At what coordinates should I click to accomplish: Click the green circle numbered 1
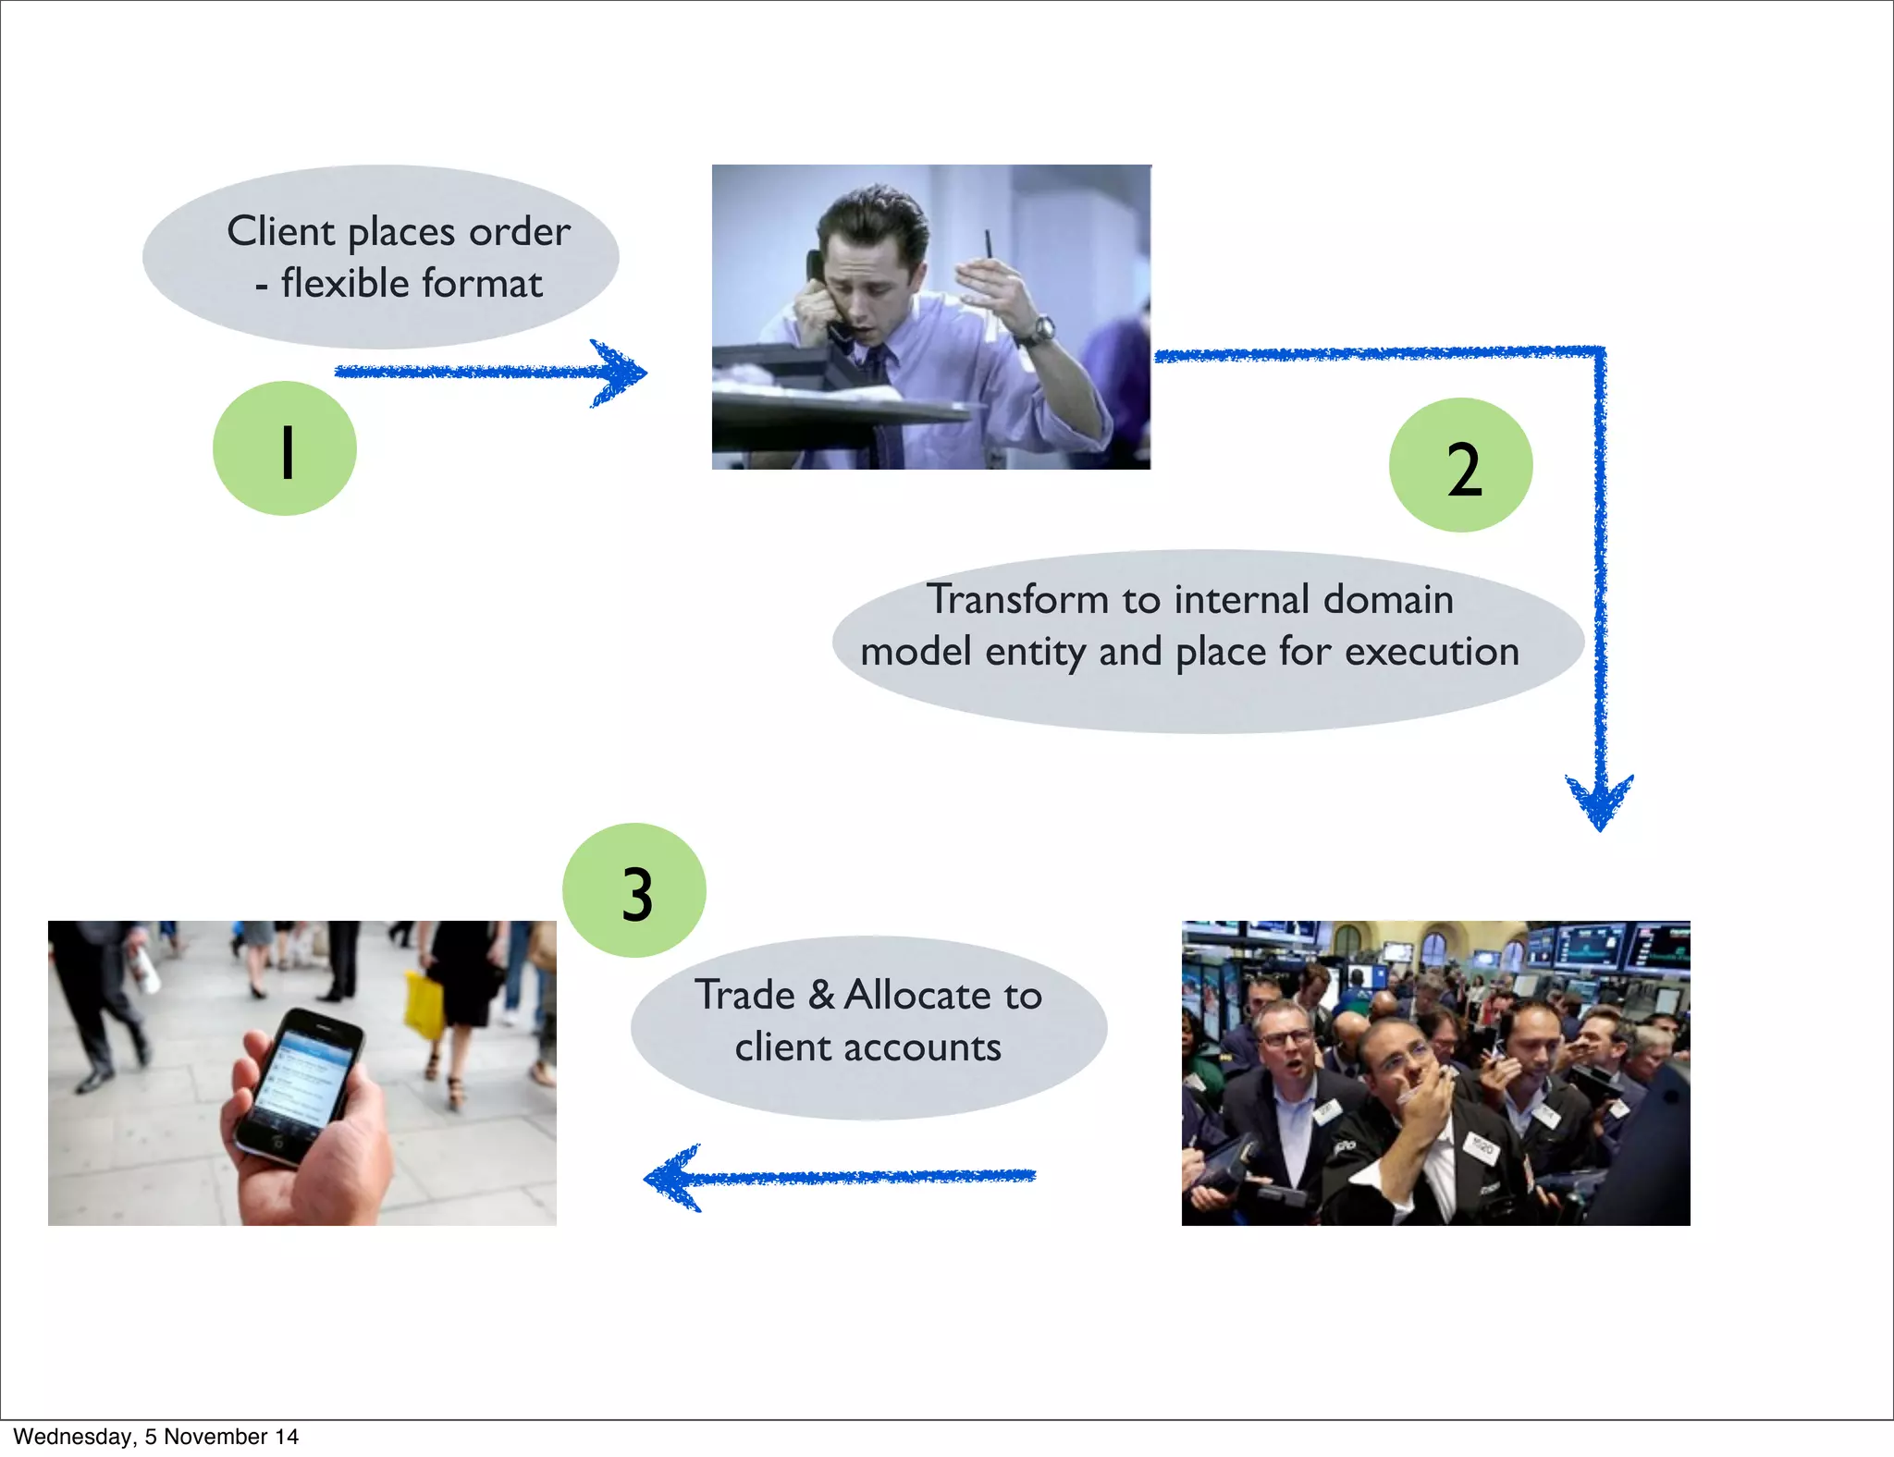pos(285,448)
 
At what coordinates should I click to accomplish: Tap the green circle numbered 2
pos(1460,465)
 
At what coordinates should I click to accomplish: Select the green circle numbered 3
pos(634,890)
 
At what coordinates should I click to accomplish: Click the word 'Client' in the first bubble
pos(280,231)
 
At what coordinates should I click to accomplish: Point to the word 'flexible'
pos(345,283)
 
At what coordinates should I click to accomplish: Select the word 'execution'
pos(1432,652)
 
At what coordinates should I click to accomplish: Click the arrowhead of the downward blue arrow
pos(1599,800)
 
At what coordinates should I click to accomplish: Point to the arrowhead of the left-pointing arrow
pos(673,1177)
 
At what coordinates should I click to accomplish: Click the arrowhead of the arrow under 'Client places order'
pos(620,373)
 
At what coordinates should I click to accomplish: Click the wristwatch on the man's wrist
pos(1042,329)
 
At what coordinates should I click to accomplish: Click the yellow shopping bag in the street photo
pos(424,1002)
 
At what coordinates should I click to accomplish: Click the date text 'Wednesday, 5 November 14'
pos(155,1437)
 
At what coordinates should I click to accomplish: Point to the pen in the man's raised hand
pos(988,245)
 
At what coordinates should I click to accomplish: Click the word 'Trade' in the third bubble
pos(745,996)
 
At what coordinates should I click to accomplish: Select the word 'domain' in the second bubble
pos(1388,599)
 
